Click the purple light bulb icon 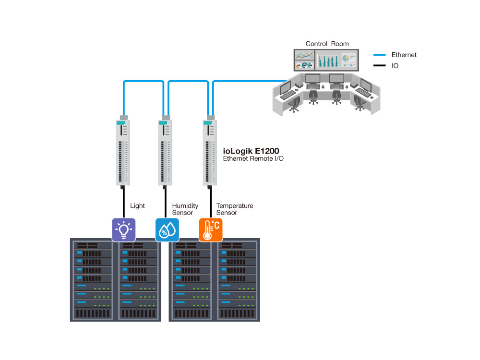pyautogui.click(x=124, y=229)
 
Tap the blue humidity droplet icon pyautogui.click(x=167, y=229)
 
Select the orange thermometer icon pyautogui.click(x=211, y=229)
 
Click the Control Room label pyautogui.click(x=327, y=44)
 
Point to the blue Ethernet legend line pyautogui.click(x=379, y=55)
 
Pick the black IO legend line pyautogui.click(x=379, y=65)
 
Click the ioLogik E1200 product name pyautogui.click(x=251, y=151)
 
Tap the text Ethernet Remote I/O pyautogui.click(x=253, y=158)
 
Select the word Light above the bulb pyautogui.click(x=137, y=206)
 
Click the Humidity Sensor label pyautogui.click(x=185, y=209)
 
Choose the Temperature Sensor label pyautogui.click(x=234, y=209)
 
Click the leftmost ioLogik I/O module pyautogui.click(x=123, y=153)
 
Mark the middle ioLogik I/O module pyautogui.click(x=165, y=153)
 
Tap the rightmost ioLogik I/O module pyautogui.click(x=209, y=153)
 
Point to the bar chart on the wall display pyautogui.click(x=328, y=60)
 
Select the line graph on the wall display pyautogui.click(x=304, y=55)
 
